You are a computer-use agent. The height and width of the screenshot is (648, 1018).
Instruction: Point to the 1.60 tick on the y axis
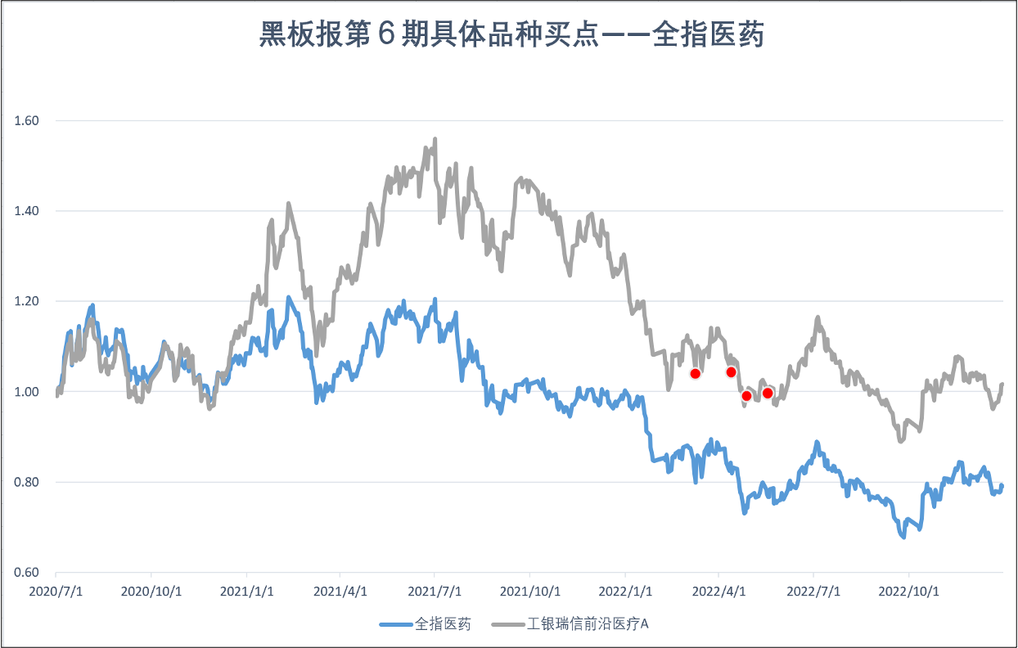(x=28, y=121)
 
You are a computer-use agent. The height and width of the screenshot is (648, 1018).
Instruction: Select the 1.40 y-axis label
(x=28, y=211)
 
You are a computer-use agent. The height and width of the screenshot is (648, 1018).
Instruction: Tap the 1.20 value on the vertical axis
(x=28, y=302)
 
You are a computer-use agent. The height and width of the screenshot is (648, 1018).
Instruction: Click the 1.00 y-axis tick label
(x=28, y=392)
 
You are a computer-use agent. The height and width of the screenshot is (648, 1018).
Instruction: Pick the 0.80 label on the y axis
(x=28, y=483)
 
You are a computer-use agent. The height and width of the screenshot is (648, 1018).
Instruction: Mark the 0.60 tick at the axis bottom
(x=28, y=573)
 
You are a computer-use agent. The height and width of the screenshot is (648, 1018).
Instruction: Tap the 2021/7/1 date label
(x=435, y=590)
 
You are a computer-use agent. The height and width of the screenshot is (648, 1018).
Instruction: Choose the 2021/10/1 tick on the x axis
(x=529, y=590)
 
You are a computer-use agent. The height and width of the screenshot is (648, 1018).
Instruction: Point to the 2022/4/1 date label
(x=718, y=590)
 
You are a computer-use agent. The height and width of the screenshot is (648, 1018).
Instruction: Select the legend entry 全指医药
(x=443, y=624)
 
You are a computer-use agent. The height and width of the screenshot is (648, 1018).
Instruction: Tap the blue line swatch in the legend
(x=396, y=624)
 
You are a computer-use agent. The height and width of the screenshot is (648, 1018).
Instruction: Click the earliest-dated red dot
(x=696, y=374)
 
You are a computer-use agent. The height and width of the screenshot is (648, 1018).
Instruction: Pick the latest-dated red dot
(x=768, y=393)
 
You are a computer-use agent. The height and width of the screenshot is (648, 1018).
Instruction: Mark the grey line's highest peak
(x=435, y=139)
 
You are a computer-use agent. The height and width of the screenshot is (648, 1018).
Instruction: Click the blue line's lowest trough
(x=903, y=537)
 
